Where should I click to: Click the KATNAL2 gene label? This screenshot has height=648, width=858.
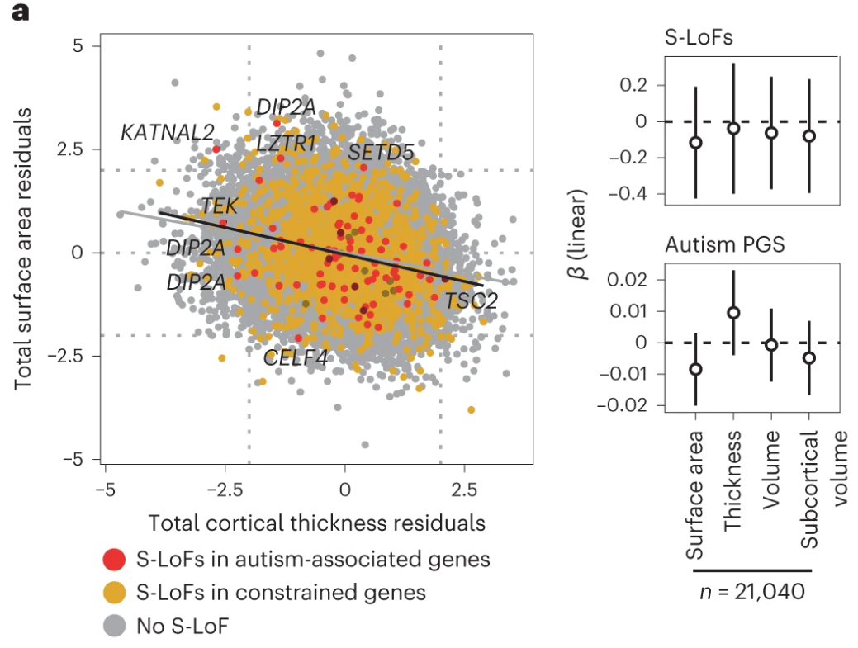(168, 131)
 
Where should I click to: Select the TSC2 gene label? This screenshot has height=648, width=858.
(472, 300)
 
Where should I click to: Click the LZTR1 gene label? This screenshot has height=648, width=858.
(287, 144)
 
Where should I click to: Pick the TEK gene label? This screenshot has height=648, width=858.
(219, 206)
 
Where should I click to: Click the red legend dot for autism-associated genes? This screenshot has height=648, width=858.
(115, 559)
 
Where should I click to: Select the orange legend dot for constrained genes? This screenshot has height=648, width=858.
(115, 592)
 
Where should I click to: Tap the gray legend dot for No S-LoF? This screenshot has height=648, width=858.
(115, 626)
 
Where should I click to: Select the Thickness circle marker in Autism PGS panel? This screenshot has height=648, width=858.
(733, 312)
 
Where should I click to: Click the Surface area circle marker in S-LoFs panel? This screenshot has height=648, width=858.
(696, 142)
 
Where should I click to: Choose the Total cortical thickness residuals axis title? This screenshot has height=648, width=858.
(316, 523)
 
